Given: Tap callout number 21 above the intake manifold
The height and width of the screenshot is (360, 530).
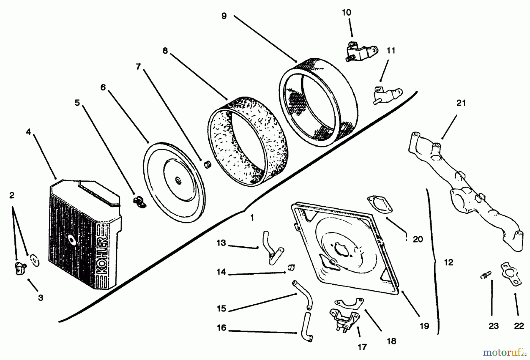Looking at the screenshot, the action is coord(461,103).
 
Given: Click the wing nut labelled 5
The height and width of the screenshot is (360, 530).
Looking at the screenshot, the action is coord(137,201).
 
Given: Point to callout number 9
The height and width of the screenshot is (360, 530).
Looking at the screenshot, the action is coord(224,16).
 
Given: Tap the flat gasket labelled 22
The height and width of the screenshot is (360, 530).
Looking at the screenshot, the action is coord(511,275).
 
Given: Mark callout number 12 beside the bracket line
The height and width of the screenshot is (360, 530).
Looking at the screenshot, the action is coord(448,262).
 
